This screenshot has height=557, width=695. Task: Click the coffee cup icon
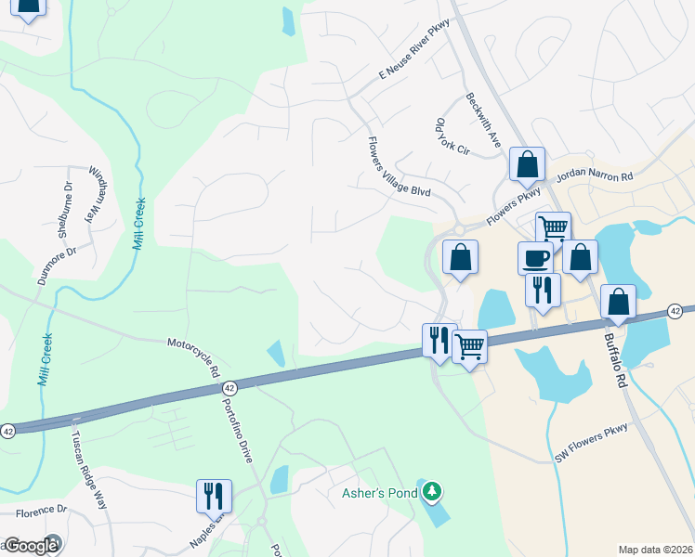(535, 257)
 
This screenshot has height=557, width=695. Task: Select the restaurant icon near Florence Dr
(214, 495)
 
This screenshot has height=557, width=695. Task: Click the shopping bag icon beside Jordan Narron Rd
(527, 164)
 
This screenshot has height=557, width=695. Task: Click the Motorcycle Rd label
(193, 357)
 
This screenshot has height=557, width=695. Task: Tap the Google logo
(31, 546)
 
